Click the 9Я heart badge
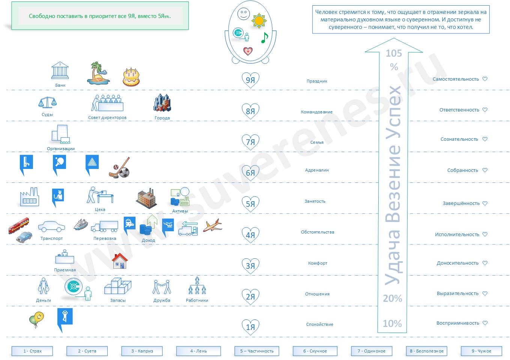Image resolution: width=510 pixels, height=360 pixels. (x=250, y=80)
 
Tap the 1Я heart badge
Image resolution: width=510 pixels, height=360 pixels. (x=250, y=327)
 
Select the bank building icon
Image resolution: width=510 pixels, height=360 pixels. (x=60, y=71)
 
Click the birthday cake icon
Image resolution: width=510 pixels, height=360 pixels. (x=131, y=77)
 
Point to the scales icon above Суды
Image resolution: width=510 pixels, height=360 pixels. (x=48, y=102)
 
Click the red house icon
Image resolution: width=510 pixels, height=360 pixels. (x=120, y=261)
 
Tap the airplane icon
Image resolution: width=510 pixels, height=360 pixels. (x=212, y=225)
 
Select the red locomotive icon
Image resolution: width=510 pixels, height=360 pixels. (x=18, y=224)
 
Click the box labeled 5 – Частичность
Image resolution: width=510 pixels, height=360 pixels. (x=257, y=351)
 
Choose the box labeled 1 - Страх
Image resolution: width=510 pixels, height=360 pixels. (x=32, y=351)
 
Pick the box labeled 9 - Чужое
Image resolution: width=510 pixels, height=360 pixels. (x=481, y=351)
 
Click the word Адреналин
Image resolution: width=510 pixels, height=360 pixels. (x=317, y=170)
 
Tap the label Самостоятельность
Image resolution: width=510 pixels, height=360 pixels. (x=456, y=79)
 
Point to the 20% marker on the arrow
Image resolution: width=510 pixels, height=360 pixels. (x=392, y=298)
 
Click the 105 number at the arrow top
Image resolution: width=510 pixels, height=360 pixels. (x=394, y=54)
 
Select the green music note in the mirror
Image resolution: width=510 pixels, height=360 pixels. (x=265, y=37)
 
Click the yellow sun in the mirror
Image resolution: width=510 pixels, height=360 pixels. (x=259, y=21)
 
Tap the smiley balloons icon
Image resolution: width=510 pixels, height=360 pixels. (x=36, y=319)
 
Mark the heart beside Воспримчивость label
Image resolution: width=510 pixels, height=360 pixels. (x=485, y=323)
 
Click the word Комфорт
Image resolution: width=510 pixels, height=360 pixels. (x=317, y=263)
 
